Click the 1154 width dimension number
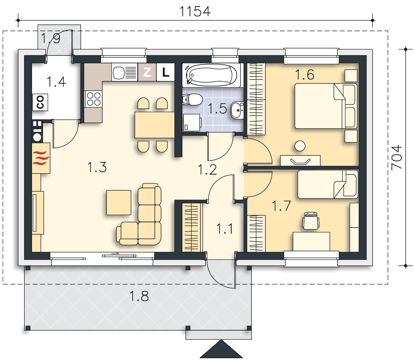tap(195, 12)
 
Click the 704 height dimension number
tap(397, 158)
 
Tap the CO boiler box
tap(40, 102)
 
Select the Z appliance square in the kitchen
tap(147, 72)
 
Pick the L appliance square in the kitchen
tap(165, 72)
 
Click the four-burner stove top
tap(94, 99)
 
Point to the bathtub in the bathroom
tap(211, 75)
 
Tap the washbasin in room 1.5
tap(237, 110)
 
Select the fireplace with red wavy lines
tap(41, 158)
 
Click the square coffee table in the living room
tap(119, 202)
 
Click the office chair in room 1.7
tap(311, 221)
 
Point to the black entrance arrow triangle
tap(221, 349)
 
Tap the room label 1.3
tap(97, 167)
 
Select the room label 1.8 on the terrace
tap(139, 296)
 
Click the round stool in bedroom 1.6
tap(300, 146)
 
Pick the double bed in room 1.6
tap(326, 106)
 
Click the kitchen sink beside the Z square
tap(124, 72)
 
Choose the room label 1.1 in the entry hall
tap(225, 229)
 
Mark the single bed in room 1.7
tap(328, 184)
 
